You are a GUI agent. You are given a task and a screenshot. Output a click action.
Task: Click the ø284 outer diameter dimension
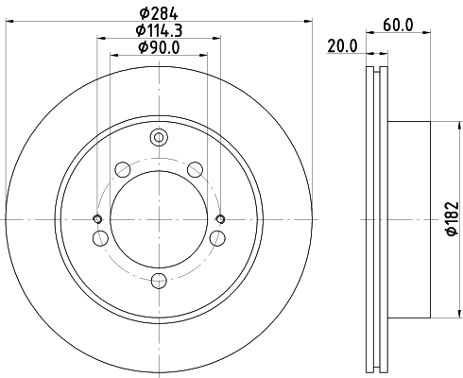click(158, 12)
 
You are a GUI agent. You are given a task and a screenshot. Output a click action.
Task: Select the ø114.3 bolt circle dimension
click(158, 30)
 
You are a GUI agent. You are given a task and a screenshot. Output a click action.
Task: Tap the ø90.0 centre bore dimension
click(158, 47)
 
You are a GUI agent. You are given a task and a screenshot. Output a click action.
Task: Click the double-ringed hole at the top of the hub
click(159, 139)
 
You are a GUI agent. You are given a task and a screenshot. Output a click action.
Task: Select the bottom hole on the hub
click(159, 280)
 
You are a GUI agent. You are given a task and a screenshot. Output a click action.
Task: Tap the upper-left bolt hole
click(122, 170)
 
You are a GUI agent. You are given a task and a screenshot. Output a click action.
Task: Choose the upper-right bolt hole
click(195, 170)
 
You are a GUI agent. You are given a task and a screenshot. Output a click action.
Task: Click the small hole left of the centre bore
click(97, 219)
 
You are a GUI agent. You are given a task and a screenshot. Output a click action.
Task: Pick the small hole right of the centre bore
click(220, 219)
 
